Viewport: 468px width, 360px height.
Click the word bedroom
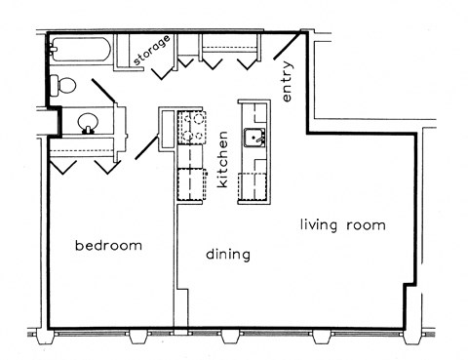click(108, 246)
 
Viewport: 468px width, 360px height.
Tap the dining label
click(228, 255)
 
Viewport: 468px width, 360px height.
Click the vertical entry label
click(288, 83)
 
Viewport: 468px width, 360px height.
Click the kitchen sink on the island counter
click(255, 137)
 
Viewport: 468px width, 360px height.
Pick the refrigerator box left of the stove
click(169, 127)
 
